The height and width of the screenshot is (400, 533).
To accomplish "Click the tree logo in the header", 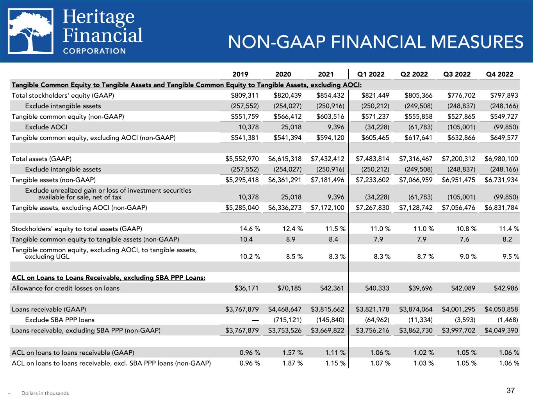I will (31, 31).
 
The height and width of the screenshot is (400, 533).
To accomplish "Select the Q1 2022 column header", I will (371, 74).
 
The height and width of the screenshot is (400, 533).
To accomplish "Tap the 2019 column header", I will (241, 74).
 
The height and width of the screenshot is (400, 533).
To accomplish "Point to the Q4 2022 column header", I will (500, 74).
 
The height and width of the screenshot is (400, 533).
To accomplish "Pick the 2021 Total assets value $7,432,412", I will (328, 159).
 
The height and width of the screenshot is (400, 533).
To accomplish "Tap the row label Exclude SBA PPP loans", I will (60, 320).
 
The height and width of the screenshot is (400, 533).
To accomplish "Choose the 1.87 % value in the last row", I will (292, 363).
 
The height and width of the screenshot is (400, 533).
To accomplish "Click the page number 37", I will (511, 390).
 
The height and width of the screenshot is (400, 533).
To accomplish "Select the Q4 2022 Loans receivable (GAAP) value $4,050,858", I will (501, 309).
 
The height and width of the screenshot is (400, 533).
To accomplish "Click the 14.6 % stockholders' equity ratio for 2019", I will (250, 229).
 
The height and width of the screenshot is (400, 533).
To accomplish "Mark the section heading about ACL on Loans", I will (109, 278).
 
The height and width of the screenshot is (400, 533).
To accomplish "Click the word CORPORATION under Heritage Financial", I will (94, 51).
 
